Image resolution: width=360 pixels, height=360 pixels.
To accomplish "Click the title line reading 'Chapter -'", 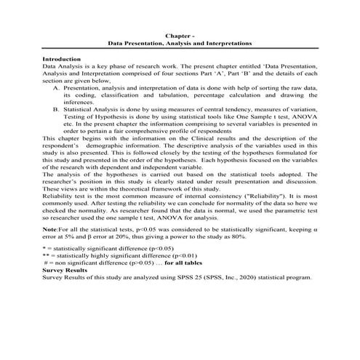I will (179, 36).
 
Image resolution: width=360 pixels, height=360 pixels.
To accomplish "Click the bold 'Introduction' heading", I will (62, 58).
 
